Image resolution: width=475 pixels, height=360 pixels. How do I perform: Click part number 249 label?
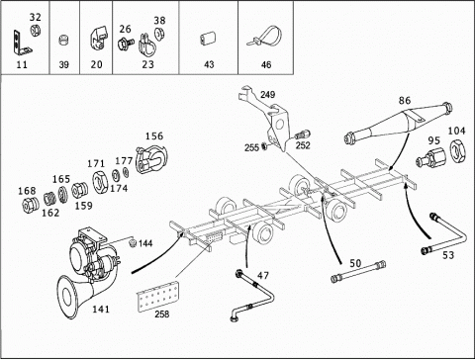(x=267, y=95)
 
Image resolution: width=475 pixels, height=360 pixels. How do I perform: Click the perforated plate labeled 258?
(x=157, y=296)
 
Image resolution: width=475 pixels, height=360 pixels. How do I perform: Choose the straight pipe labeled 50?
(x=358, y=272)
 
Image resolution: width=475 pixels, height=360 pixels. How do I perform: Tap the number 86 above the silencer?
(x=405, y=100)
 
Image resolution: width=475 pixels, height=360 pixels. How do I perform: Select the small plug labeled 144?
(x=133, y=243)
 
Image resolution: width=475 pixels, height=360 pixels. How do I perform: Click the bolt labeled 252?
(x=302, y=135)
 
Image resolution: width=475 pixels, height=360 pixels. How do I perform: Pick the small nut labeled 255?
(x=264, y=145)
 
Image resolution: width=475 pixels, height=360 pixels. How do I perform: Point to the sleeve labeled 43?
(x=208, y=38)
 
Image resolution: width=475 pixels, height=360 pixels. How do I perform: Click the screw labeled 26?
(x=126, y=44)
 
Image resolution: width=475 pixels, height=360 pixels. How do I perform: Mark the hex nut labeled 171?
(x=99, y=182)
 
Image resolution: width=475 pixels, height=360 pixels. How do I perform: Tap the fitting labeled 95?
(x=430, y=156)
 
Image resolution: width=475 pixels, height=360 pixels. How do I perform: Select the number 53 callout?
(x=448, y=255)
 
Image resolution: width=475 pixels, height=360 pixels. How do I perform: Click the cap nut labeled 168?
(x=30, y=205)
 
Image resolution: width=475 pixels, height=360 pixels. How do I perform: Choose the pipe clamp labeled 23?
(x=147, y=45)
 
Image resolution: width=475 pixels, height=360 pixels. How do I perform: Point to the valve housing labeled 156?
(x=151, y=160)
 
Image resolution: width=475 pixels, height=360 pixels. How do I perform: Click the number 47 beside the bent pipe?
(x=263, y=275)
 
